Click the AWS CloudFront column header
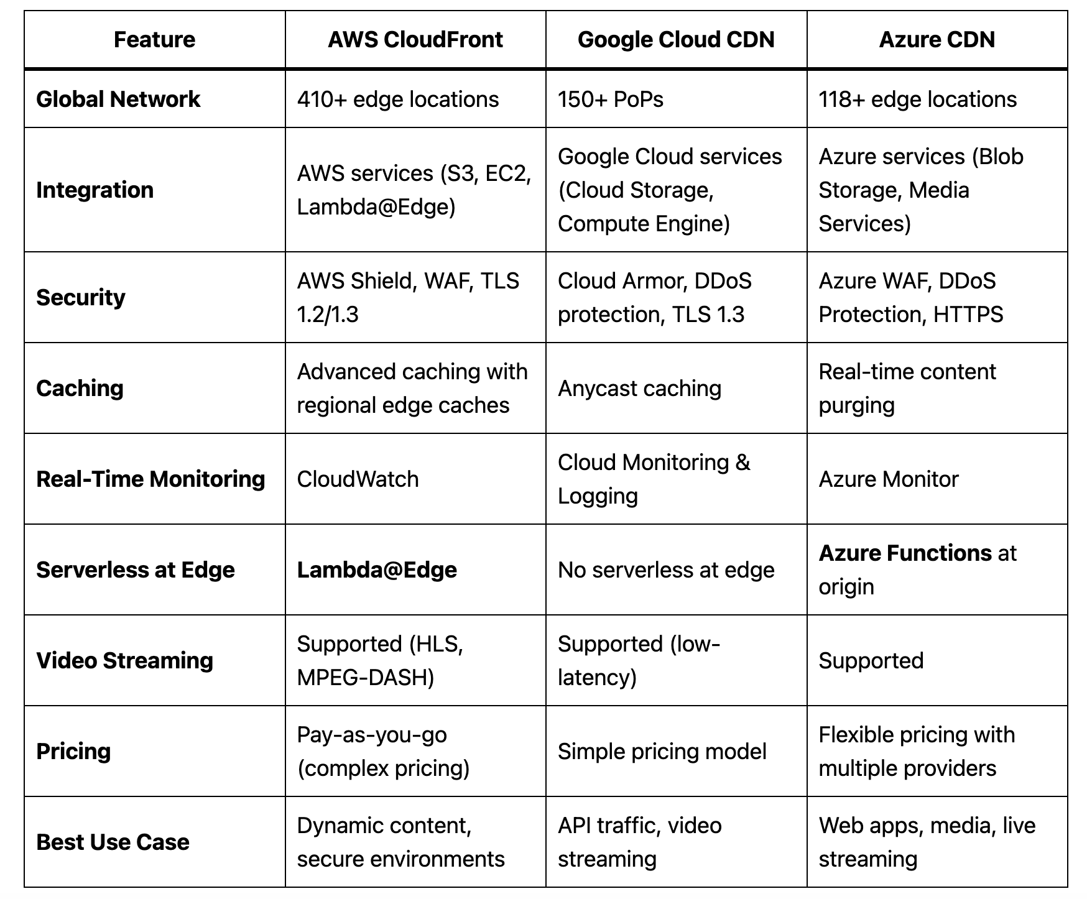(x=415, y=40)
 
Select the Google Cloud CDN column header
(x=676, y=40)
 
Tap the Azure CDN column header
(x=937, y=40)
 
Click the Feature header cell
(x=154, y=40)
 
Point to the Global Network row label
(x=118, y=99)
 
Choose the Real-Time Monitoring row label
(x=150, y=479)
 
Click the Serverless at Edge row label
(x=136, y=570)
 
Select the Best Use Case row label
(x=113, y=842)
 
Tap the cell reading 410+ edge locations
(x=398, y=99)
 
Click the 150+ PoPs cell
(x=611, y=99)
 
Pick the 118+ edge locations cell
(x=918, y=99)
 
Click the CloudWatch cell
(x=358, y=479)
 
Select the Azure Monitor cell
(x=889, y=479)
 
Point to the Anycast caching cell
(x=639, y=389)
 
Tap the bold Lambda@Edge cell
(x=377, y=570)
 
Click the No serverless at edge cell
(x=666, y=570)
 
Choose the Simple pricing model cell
(x=662, y=752)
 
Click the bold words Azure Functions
(x=905, y=553)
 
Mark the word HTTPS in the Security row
(x=968, y=315)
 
